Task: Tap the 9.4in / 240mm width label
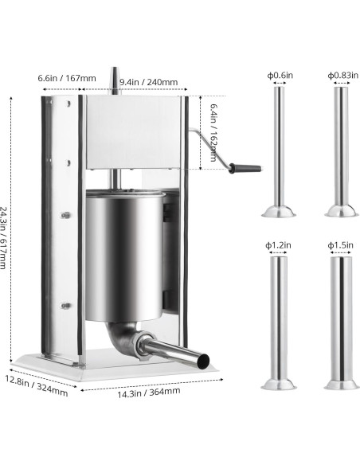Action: pos(148,82)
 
